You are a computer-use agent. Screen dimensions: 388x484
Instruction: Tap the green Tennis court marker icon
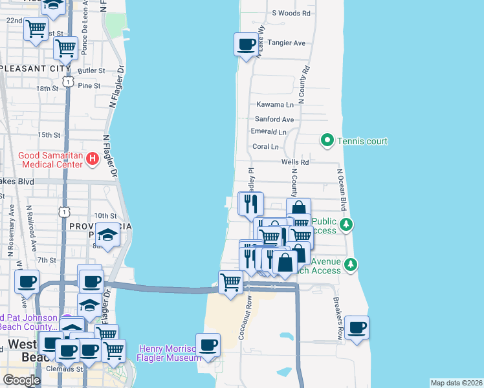(x=327, y=140)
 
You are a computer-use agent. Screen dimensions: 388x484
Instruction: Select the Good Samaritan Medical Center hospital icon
(x=93, y=158)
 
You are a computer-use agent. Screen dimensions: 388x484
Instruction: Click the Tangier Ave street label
(x=289, y=43)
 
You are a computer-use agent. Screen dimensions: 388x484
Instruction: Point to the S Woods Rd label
(x=291, y=12)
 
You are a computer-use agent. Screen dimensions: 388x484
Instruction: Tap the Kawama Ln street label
(x=275, y=104)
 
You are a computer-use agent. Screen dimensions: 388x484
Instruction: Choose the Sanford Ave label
(x=274, y=120)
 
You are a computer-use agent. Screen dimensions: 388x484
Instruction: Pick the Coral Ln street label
(x=265, y=147)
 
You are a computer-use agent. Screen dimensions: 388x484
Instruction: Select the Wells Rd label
(x=295, y=162)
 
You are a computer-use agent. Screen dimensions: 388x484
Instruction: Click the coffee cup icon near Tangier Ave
(x=246, y=45)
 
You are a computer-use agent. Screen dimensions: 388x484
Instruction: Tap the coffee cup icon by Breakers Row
(x=357, y=327)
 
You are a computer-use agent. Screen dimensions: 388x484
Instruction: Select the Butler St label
(x=91, y=70)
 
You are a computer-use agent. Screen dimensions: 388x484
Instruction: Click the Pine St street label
(x=89, y=85)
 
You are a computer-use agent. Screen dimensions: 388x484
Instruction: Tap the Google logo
(x=21, y=380)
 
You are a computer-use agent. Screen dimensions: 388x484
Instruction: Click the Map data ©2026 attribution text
(x=456, y=383)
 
